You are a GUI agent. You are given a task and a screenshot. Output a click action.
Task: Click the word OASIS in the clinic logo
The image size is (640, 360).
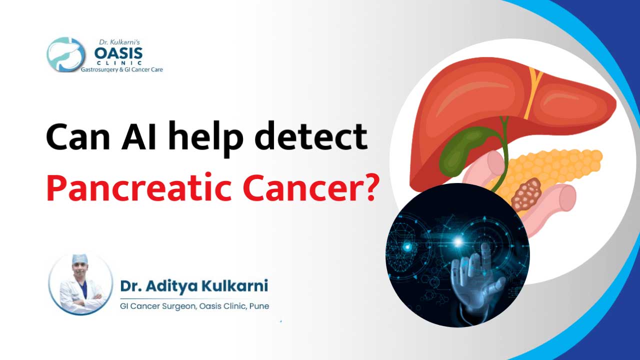pos(118,53)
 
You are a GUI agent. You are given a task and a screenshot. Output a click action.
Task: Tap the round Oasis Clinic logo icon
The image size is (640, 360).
pos(66,54)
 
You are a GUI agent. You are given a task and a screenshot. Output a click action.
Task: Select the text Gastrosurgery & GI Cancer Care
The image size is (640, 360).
pos(121,69)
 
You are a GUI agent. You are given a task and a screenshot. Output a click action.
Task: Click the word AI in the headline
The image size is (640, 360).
pos(139,136)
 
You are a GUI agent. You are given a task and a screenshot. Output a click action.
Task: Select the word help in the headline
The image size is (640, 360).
pos(206,138)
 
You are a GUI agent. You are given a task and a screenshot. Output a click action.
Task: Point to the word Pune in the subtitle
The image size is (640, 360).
pos(259,306)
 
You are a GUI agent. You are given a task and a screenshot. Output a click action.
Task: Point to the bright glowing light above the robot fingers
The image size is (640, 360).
pos(458,242)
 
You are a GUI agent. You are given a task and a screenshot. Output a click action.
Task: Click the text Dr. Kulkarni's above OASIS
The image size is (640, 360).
pos(119,42)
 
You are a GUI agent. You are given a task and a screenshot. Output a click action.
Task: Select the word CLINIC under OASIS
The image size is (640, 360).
pos(119,63)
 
